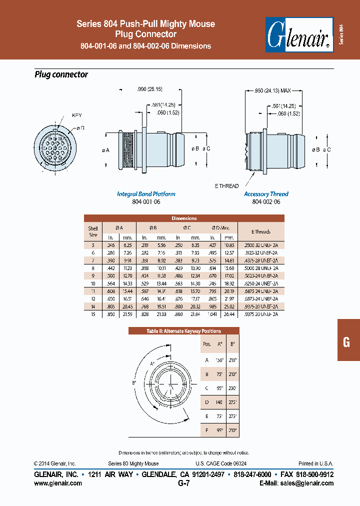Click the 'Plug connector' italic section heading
[x=61, y=74]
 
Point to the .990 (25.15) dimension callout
[x=149, y=89]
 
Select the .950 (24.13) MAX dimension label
[x=272, y=91]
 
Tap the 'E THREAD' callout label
[x=226, y=185]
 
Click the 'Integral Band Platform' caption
[x=146, y=194]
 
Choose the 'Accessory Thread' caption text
[x=266, y=194]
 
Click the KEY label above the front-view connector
[x=76, y=115]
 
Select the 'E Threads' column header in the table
[x=260, y=231]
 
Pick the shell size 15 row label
[x=93, y=314]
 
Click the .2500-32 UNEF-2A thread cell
[x=260, y=245]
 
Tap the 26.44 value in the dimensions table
[x=228, y=314]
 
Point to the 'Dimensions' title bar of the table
[x=184, y=218]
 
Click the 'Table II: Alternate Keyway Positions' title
[x=184, y=331]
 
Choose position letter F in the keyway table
[x=207, y=429]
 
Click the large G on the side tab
[x=346, y=342]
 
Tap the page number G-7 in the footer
[x=184, y=483]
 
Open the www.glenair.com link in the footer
[x=58, y=483]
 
